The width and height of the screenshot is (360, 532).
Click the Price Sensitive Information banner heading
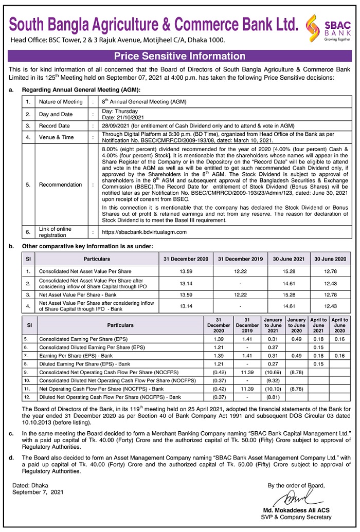[x=179, y=56]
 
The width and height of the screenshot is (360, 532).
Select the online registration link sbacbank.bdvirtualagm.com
[x=137, y=232]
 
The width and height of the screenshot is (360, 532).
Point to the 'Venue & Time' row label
[x=56, y=137]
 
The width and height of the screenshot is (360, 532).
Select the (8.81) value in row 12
[x=272, y=397]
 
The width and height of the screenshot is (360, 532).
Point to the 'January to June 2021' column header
[x=272, y=325]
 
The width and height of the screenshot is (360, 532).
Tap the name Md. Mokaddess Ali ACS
[x=293, y=510]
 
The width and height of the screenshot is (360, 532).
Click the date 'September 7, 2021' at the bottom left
[x=38, y=492]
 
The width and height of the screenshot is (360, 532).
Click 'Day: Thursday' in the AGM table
[x=120, y=111]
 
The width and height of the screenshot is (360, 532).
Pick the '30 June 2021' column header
[x=295, y=259]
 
